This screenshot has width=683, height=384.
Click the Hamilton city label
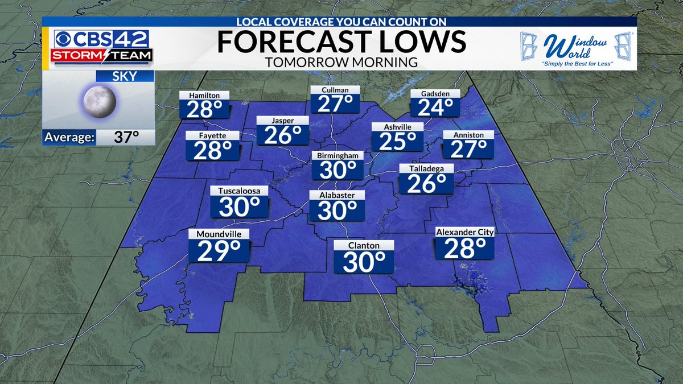coord(204,96)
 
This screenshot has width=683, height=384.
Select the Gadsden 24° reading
coord(435,106)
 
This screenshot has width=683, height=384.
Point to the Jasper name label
coord(282,120)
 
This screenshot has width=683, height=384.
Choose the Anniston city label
coord(468,135)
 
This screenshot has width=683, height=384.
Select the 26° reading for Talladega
coord(426,183)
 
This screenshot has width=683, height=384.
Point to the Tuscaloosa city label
coord(239,191)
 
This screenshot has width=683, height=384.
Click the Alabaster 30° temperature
coord(337,210)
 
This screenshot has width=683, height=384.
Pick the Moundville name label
coord(219,234)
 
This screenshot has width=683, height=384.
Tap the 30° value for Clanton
coord(364,262)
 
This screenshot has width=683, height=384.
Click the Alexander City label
coord(464,232)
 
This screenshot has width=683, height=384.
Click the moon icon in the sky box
coord(100,102)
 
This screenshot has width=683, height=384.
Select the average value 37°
coord(127,137)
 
